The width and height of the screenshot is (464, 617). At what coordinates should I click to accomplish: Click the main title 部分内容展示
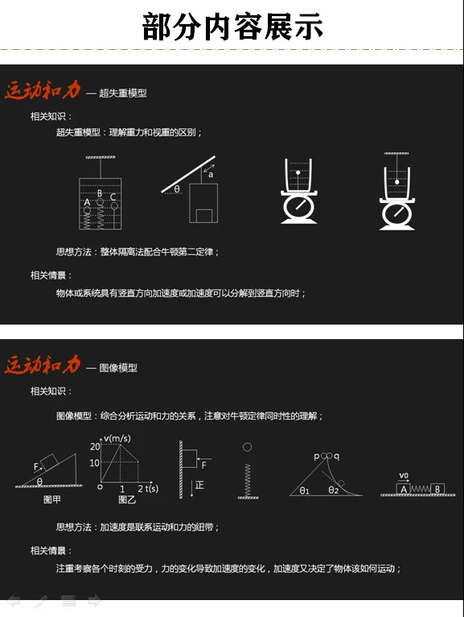coord(232,27)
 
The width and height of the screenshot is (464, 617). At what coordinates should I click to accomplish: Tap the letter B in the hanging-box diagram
coord(100,193)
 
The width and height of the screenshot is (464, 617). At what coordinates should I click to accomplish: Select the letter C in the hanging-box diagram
coord(113,197)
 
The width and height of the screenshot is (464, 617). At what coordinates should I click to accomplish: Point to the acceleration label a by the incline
coord(211,174)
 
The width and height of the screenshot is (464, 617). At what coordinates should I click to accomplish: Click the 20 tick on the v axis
coord(95,446)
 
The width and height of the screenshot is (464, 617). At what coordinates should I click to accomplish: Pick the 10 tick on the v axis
coord(94,463)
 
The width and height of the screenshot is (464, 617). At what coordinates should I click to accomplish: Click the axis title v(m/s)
coord(117,438)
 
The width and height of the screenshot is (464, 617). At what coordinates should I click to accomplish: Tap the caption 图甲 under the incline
coord(51,499)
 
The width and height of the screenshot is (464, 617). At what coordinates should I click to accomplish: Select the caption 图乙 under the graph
coord(127,499)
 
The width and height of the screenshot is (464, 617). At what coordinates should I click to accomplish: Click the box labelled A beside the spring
coord(404,489)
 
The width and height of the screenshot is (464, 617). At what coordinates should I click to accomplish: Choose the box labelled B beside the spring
coord(437,489)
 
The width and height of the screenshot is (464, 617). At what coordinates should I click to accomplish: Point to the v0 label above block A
coord(404,476)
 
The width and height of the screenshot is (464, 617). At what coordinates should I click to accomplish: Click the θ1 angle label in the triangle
coord(305,491)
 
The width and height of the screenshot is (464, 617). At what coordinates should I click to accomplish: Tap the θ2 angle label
coord(333,490)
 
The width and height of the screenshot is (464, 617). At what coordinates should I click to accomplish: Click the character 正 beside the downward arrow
coord(199,485)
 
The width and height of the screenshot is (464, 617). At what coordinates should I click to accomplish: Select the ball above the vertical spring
coord(247,447)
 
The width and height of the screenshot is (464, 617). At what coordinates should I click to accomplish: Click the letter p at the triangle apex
coord(317,457)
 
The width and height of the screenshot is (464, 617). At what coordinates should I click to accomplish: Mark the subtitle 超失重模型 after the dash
coord(123,93)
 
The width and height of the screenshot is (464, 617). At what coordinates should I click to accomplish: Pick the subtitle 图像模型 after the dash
coord(118,368)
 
